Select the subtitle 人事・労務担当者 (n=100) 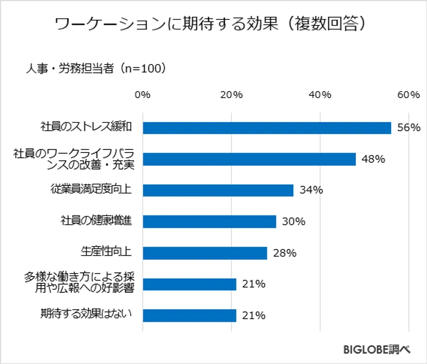click(97, 68)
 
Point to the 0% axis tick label click(142, 95)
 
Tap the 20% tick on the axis click(232, 95)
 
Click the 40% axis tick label click(320, 95)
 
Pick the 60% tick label click(409, 95)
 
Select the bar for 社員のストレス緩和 click(267, 128)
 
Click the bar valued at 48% click(249, 159)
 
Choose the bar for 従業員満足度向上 click(218, 190)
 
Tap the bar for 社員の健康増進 click(209, 222)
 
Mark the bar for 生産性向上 click(205, 253)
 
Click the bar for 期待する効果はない click(190, 316)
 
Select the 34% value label click(311, 190)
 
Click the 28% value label click(284, 253)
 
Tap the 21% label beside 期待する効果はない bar click(253, 316)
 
